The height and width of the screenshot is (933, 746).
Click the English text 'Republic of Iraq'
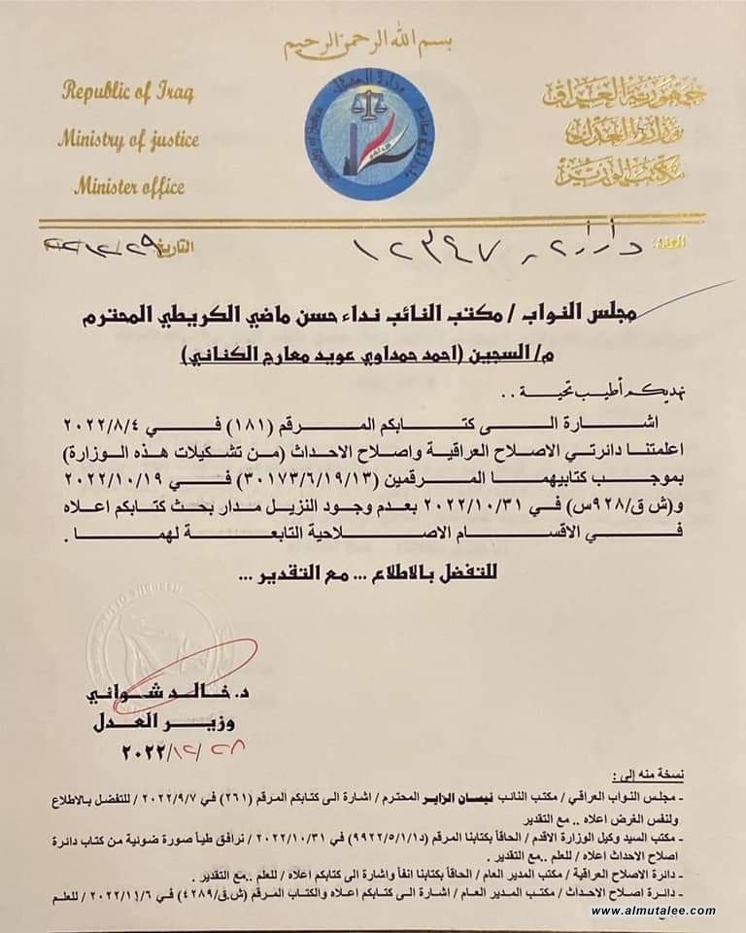[x=128, y=93]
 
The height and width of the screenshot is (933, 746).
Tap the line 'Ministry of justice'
[x=127, y=139]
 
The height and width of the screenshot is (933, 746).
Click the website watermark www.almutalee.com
[x=654, y=911]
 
